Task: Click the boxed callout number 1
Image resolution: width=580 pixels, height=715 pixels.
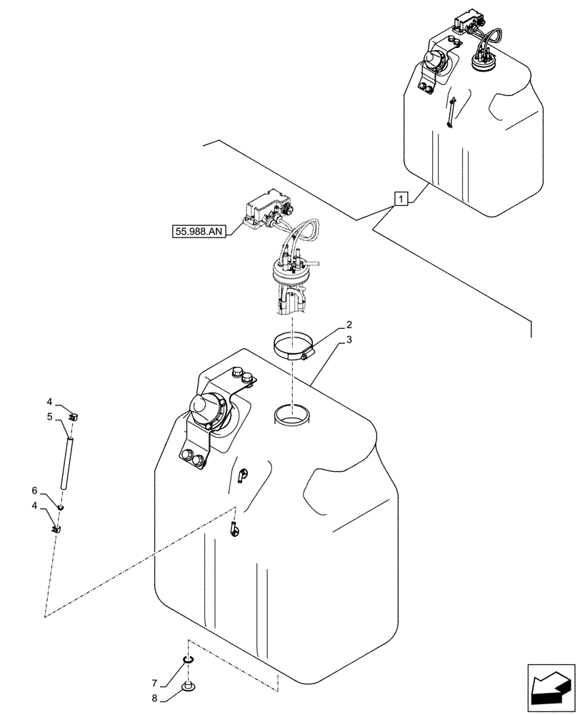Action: coord(401,199)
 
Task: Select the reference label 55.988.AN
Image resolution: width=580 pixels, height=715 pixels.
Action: coord(198,231)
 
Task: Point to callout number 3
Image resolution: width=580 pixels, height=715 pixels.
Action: coord(348,341)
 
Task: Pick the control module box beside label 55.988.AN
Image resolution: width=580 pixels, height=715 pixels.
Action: coord(266,207)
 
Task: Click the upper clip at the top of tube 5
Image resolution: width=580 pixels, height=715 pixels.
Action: coord(73,415)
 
